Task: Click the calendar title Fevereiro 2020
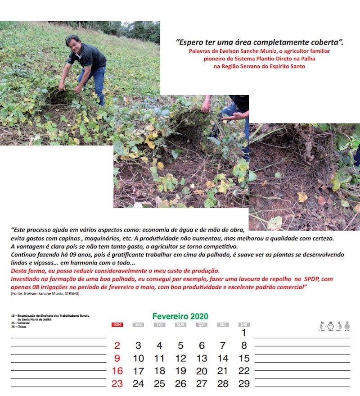pos(180,316)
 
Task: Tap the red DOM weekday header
pos(117,324)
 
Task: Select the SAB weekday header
pos(243,324)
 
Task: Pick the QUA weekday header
pos(180,324)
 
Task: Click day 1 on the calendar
pos(243,333)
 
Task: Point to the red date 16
pos(117,371)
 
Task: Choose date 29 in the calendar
pos(243,384)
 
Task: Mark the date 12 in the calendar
pos(180,359)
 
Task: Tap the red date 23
pos(117,384)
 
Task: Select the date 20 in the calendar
pos(202,371)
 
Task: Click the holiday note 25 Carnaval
pos(20,323)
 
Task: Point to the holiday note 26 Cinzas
pos(19,327)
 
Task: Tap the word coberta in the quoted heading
pos(328,42)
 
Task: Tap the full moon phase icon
pos(330,327)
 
